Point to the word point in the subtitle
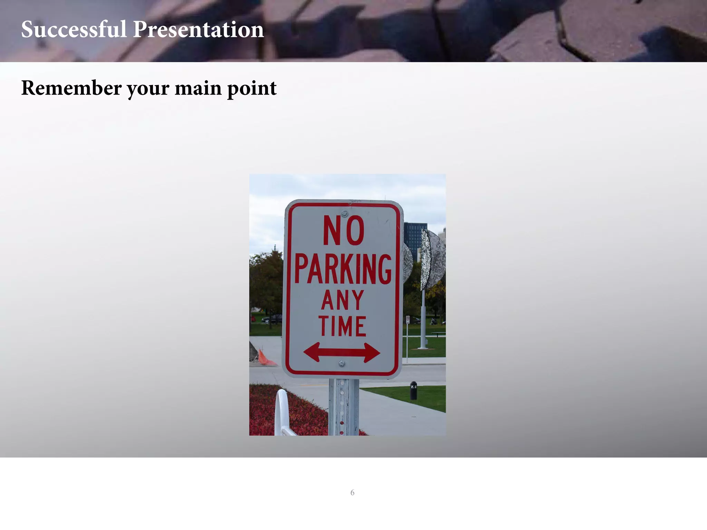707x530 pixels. click(252, 88)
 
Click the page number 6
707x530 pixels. click(352, 492)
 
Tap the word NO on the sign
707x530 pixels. click(343, 230)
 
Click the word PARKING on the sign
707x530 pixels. click(343, 269)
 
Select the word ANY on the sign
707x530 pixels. click(342, 300)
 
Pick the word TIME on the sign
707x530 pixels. click(342, 326)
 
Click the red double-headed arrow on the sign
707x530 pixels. click(342, 352)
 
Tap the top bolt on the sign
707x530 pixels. click(344, 213)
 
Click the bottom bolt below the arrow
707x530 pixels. click(342, 363)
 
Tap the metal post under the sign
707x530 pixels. click(343, 407)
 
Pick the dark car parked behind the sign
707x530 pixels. click(272, 319)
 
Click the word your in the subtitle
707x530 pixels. click(148, 89)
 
